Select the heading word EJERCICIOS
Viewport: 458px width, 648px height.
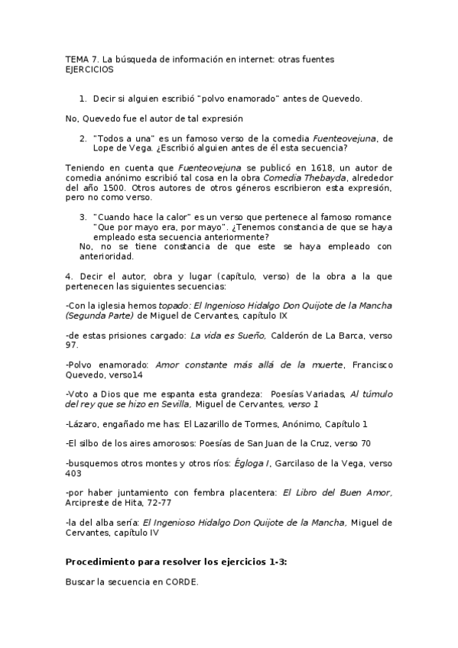coord(89,69)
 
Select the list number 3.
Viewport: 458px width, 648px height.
coord(83,216)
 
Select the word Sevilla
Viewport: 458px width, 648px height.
coord(171,403)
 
